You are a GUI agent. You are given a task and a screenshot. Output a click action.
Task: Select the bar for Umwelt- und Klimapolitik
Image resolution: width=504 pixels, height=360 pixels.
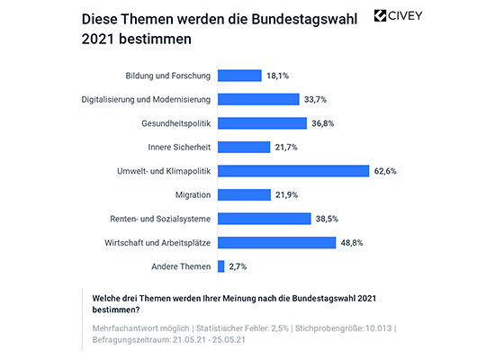(293, 170)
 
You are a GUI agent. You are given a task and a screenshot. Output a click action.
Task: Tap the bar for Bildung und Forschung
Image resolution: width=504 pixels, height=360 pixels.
(239, 76)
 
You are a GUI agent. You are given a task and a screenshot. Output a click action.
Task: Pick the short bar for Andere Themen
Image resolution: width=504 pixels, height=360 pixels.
(221, 265)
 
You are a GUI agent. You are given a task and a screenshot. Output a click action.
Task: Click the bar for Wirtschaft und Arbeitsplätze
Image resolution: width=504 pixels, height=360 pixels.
(276, 241)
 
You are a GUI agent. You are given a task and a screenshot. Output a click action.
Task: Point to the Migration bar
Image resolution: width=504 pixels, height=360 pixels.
(244, 194)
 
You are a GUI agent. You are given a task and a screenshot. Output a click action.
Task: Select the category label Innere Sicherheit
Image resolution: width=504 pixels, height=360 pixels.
(178, 147)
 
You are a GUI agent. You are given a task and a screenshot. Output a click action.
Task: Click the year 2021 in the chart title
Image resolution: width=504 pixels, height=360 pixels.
(100, 40)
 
